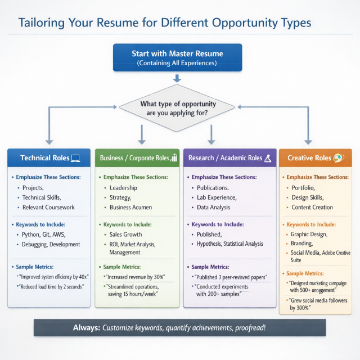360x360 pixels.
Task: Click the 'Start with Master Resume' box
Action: click(177, 58)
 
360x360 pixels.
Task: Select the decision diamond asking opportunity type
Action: click(177, 109)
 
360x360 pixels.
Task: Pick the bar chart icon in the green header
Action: click(174, 158)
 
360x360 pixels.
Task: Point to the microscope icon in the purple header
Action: click(268, 158)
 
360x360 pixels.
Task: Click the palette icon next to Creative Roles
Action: click(339, 158)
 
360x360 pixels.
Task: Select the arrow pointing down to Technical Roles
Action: click(49, 138)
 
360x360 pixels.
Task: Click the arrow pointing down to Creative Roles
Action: click(308, 138)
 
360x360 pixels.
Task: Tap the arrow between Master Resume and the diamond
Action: click(177, 78)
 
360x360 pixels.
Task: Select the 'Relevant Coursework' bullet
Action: click(48, 207)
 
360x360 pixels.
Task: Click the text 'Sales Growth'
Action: click(126, 234)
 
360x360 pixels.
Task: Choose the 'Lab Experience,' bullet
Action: click(217, 197)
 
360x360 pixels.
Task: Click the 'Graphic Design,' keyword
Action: click(309, 234)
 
